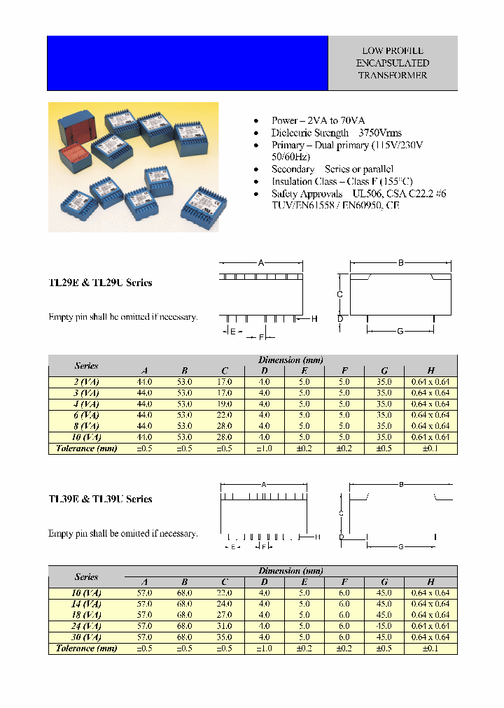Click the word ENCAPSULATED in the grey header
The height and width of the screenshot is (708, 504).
click(x=392, y=63)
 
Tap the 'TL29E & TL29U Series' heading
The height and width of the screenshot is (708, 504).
click(x=100, y=283)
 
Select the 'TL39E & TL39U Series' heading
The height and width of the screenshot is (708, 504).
click(x=100, y=500)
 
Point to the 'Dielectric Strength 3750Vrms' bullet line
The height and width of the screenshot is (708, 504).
click(x=337, y=133)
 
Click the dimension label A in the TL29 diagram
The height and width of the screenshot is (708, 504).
click(x=261, y=263)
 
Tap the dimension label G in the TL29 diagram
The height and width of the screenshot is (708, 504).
click(x=400, y=331)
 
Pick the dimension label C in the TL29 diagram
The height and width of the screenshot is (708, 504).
click(x=339, y=295)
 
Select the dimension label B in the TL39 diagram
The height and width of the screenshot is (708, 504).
click(x=401, y=484)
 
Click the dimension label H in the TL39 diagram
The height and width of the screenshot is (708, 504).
click(x=317, y=537)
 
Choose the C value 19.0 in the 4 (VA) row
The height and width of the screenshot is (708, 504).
click(x=225, y=404)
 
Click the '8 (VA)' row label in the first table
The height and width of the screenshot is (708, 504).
click(x=87, y=426)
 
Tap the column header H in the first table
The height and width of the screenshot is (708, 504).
click(x=430, y=371)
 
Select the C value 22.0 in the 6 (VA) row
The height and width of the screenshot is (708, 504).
click(x=225, y=416)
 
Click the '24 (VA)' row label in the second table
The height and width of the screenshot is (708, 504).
click(x=87, y=626)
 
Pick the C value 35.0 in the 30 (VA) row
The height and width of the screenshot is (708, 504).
click(x=225, y=637)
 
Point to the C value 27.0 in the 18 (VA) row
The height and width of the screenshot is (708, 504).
click(x=225, y=615)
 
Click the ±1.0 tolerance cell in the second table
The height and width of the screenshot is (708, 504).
click(x=265, y=649)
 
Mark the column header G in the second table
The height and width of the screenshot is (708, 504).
click(x=384, y=582)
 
